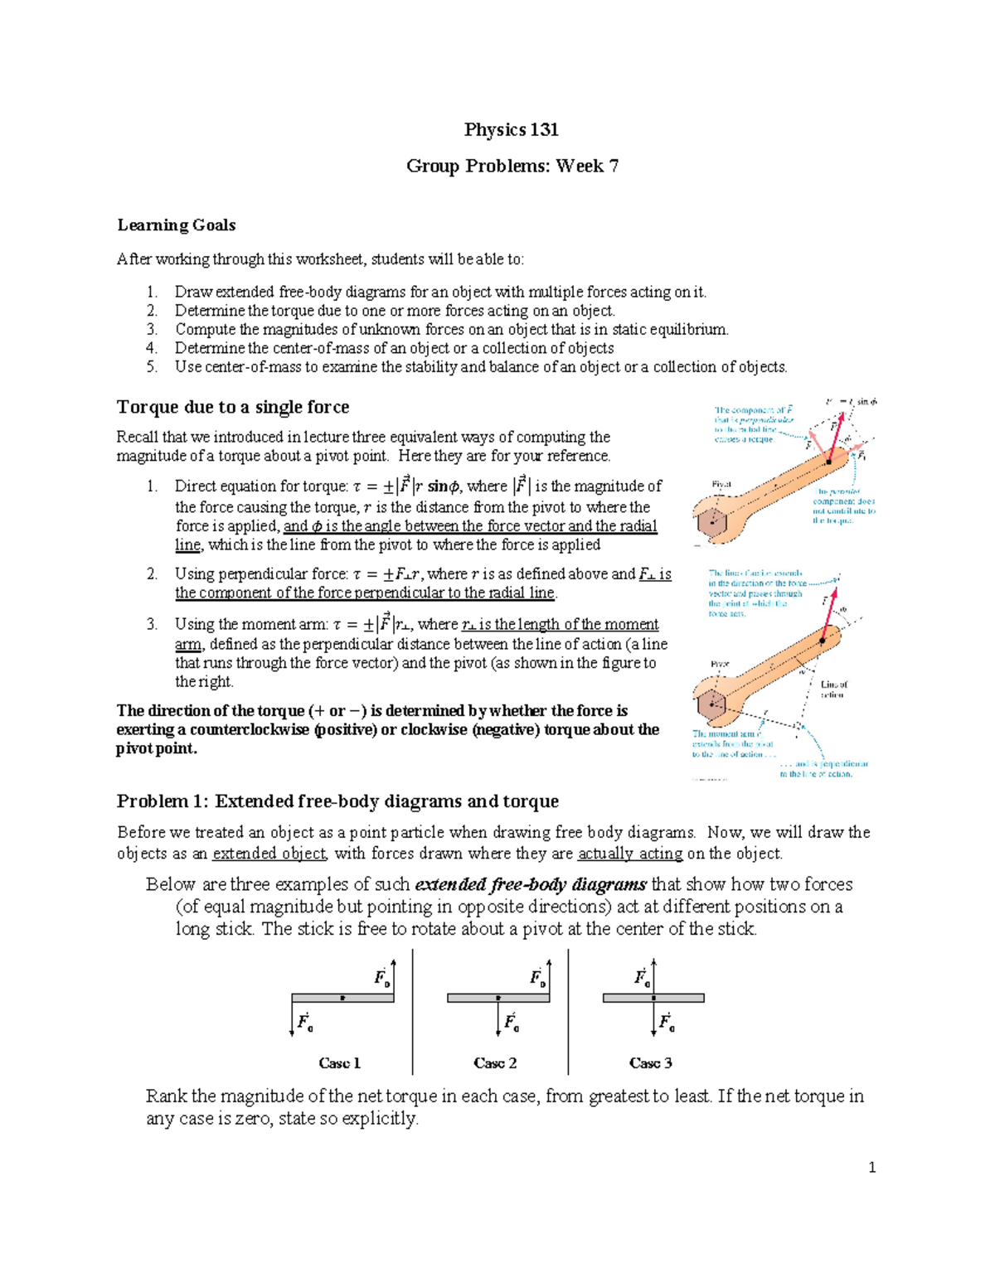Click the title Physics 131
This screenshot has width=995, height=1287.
pos(511,129)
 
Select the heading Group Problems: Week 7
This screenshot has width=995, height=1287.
pos(512,166)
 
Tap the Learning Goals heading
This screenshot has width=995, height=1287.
pos(176,225)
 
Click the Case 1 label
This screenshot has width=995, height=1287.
pos(339,1062)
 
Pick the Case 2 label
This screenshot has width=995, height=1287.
pos(495,1062)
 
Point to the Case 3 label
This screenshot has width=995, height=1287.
pos(650,1062)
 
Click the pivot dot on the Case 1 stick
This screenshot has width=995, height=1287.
pos(342,999)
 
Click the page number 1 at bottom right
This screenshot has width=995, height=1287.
pos(871,1168)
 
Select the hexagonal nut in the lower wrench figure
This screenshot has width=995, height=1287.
pos(711,705)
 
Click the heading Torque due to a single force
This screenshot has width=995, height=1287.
pos(233,407)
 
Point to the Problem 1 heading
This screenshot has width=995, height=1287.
pos(337,801)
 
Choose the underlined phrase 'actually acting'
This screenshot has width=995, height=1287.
pos(630,854)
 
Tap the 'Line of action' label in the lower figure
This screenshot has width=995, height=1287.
pos(833,689)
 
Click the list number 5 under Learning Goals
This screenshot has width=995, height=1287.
pos(152,367)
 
